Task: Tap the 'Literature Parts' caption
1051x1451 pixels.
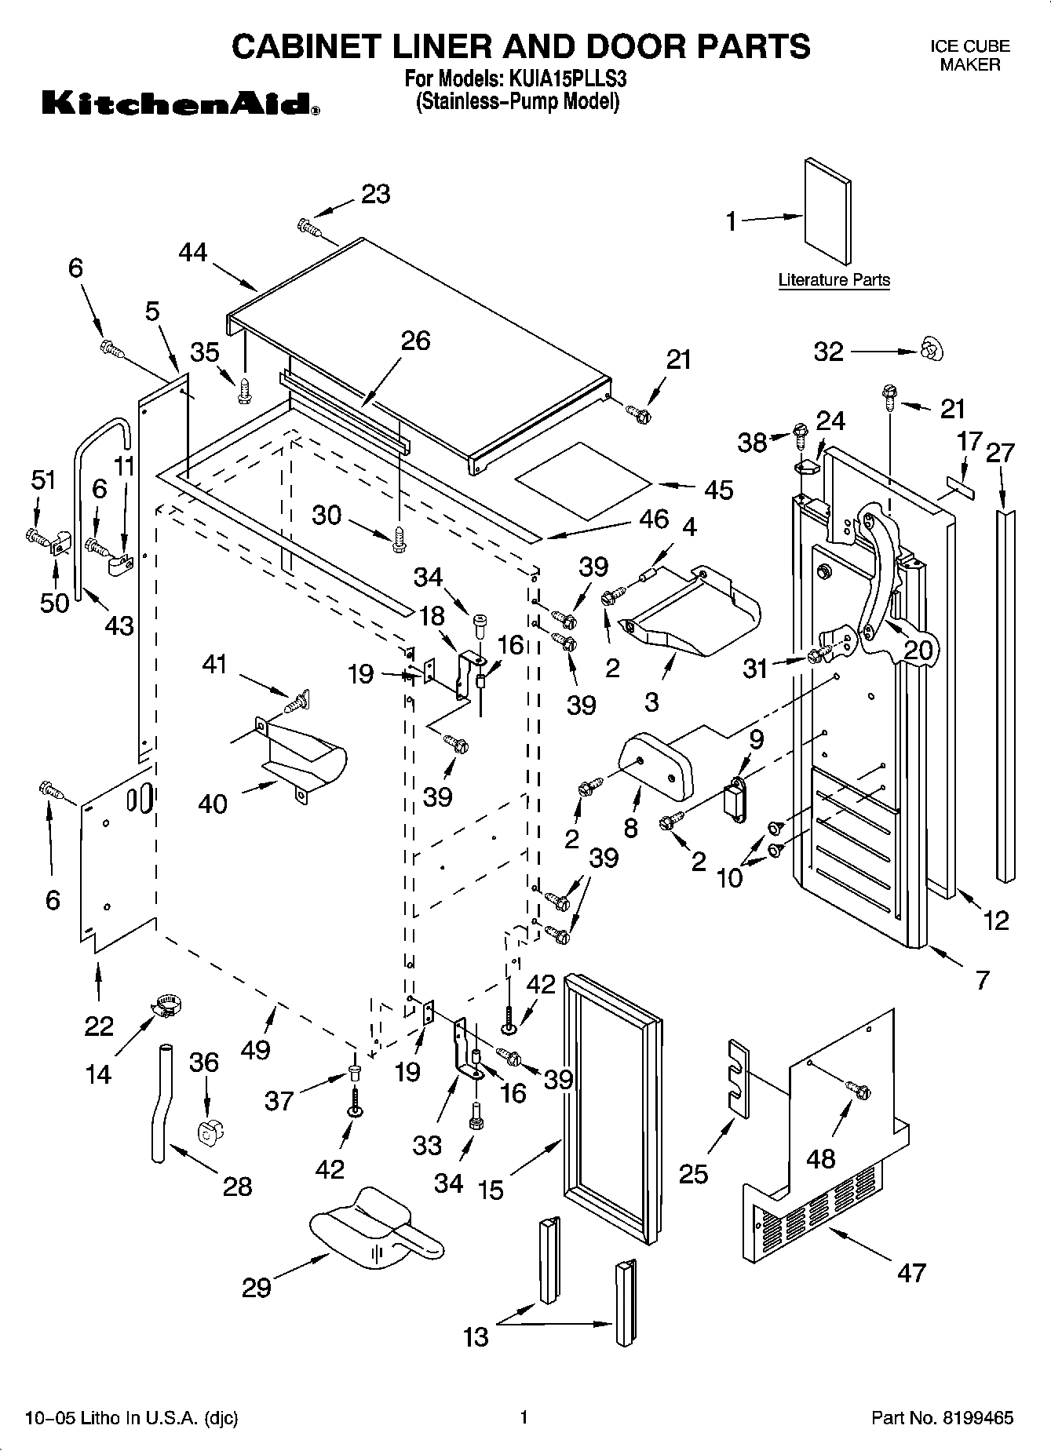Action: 834,280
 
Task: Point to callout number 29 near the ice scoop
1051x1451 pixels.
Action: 256,1287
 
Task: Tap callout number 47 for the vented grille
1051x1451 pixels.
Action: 911,1272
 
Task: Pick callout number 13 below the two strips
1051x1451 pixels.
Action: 476,1336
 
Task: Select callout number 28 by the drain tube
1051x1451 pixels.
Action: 237,1186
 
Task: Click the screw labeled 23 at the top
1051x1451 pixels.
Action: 308,227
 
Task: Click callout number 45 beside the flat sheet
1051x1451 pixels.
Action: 718,490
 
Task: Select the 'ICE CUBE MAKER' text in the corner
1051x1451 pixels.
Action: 970,56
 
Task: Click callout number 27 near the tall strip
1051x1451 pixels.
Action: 1000,453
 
